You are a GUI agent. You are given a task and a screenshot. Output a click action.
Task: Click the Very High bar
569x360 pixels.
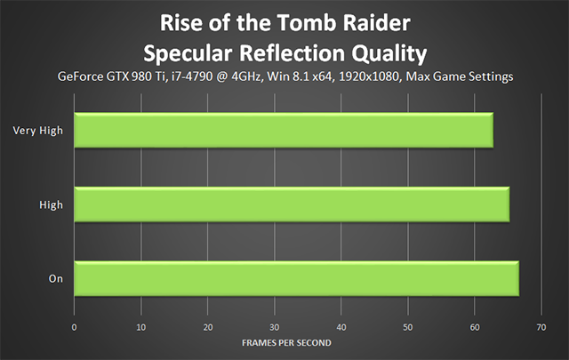[284, 131]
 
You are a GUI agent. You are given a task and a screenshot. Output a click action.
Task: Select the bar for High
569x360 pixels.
[292, 204]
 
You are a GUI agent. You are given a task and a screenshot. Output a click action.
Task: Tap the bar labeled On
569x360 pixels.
[296, 278]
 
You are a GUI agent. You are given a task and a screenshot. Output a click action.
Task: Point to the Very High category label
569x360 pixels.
[37, 131]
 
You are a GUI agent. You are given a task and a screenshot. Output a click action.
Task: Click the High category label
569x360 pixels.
[52, 204]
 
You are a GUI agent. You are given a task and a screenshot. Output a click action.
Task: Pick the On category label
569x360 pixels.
[56, 279]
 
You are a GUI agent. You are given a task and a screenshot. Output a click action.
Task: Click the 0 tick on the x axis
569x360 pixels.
[74, 327]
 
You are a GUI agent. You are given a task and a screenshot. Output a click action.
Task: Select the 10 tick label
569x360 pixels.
[140, 327]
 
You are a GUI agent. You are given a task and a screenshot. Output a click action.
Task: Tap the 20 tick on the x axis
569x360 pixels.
[208, 327]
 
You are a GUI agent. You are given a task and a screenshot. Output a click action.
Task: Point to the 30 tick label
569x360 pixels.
[275, 327]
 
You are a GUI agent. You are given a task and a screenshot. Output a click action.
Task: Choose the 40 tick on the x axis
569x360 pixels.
[341, 327]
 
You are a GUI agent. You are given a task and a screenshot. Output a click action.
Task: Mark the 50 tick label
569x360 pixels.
[408, 327]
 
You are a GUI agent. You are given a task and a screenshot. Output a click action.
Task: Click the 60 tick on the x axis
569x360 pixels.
[475, 327]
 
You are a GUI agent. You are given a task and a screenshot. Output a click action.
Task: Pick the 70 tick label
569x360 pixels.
[541, 327]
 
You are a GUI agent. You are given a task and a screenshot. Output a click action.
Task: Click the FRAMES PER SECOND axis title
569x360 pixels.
[286, 343]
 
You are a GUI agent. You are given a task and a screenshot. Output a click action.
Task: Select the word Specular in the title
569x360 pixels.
[188, 53]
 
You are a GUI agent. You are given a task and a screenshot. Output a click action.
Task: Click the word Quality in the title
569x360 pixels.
[389, 53]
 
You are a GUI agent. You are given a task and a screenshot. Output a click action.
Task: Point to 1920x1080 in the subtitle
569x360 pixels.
[369, 76]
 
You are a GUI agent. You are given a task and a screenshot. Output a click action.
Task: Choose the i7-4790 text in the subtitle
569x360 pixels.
[192, 76]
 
